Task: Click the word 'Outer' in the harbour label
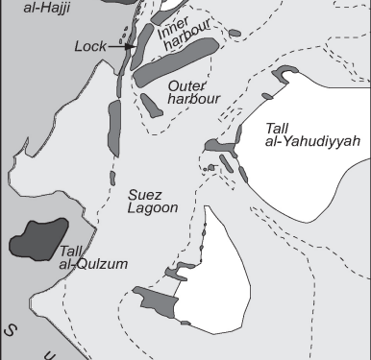185,84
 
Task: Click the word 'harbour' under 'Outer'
196,98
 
